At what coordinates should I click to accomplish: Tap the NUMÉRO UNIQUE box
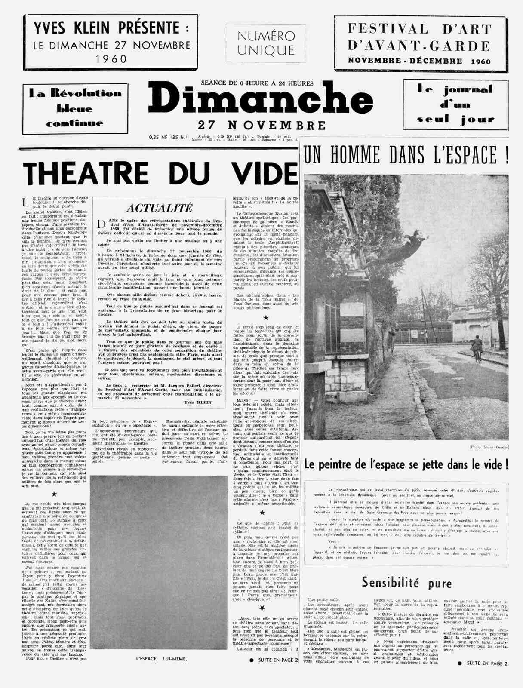coord(266,43)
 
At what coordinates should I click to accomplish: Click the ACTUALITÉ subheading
coord(159,208)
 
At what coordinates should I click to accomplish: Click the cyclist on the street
coord(476,349)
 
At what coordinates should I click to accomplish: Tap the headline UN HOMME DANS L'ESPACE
coord(406,155)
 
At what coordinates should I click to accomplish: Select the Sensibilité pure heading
coord(406,583)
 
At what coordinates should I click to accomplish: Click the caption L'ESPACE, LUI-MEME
coord(161,670)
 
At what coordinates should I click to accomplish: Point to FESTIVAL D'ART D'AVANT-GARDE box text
coord(419,43)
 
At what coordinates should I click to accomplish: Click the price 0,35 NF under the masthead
coord(168,137)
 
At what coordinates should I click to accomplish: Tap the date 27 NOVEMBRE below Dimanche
coord(261,126)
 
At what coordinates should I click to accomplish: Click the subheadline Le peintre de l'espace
coord(406,465)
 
